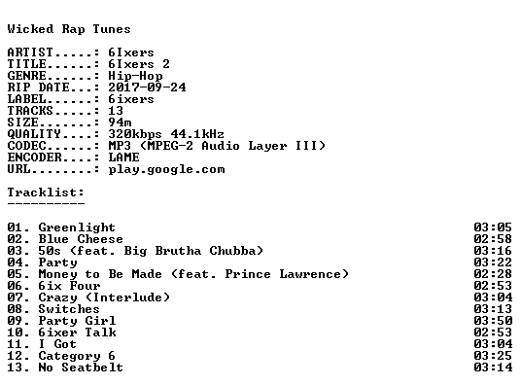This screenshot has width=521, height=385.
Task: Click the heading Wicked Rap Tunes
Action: (x=69, y=29)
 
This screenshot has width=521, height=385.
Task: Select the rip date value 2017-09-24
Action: (x=147, y=87)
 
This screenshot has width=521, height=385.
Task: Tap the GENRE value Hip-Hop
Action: (x=135, y=76)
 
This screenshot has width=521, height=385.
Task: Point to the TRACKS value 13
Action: (x=116, y=111)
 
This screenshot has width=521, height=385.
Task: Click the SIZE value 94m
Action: (x=120, y=122)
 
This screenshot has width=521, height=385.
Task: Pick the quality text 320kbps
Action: (x=135, y=134)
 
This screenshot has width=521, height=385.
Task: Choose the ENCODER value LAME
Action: (x=123, y=157)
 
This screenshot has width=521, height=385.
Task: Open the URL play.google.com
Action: (x=166, y=169)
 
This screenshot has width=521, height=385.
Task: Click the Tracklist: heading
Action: (x=46, y=192)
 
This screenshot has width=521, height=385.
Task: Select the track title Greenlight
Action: (x=77, y=227)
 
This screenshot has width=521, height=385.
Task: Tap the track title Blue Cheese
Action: (x=81, y=239)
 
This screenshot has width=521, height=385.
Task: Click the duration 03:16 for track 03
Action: (x=493, y=251)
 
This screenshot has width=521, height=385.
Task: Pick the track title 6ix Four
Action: (x=69, y=286)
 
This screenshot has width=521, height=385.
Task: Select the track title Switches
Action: (x=69, y=309)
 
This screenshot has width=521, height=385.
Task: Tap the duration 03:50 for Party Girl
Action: (x=493, y=321)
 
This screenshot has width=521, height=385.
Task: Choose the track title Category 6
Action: (x=77, y=356)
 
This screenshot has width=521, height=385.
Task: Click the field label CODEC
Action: (x=26, y=146)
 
